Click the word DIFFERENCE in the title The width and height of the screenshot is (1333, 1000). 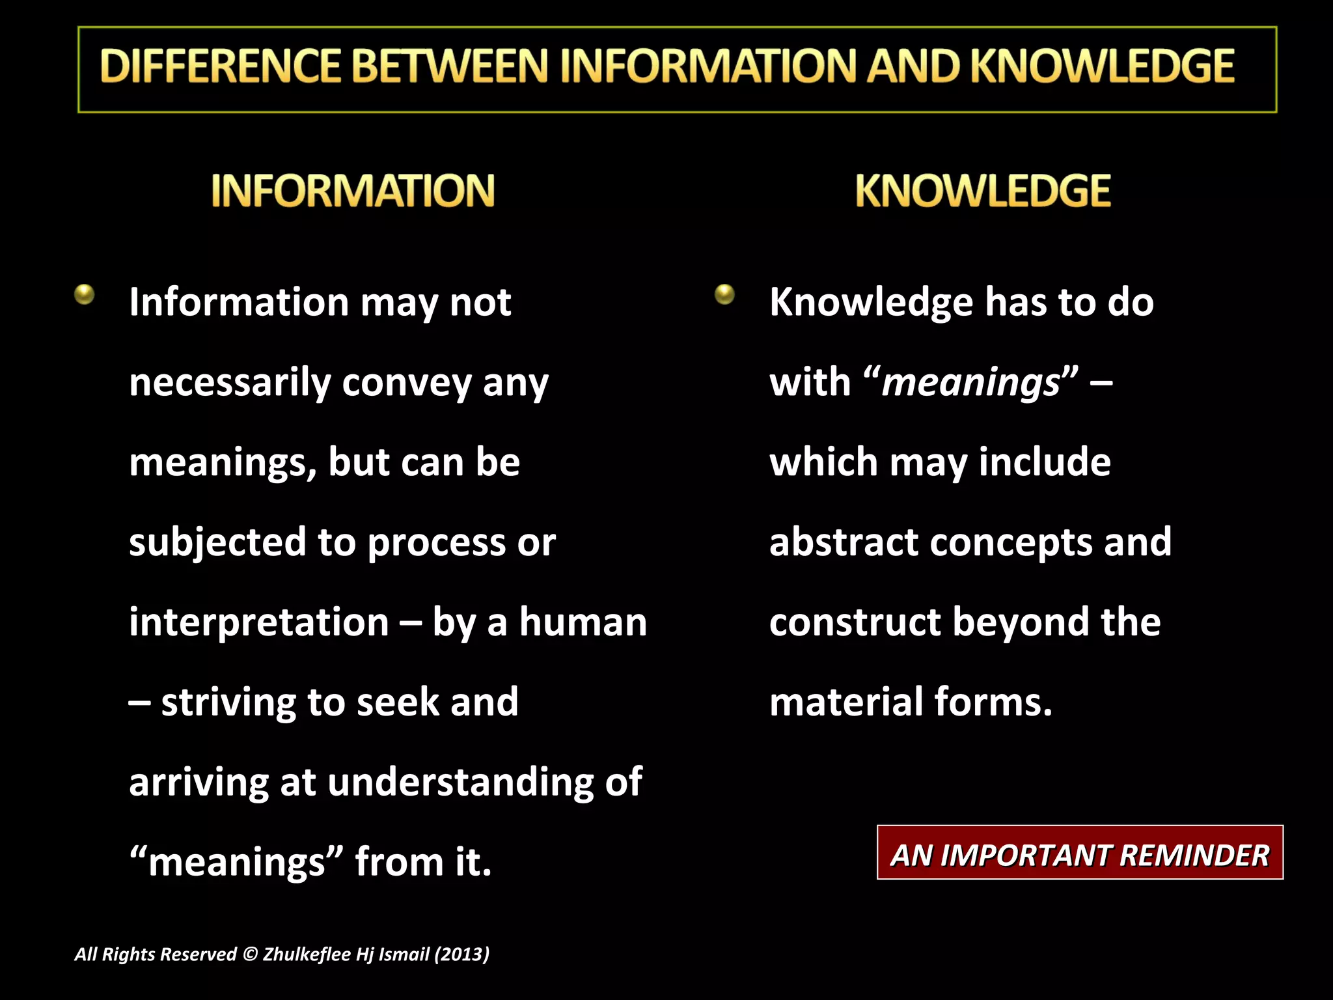221,67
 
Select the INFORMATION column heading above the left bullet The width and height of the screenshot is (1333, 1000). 353,191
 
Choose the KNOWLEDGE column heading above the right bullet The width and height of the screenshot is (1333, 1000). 983,191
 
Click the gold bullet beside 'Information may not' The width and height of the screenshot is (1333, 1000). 85,294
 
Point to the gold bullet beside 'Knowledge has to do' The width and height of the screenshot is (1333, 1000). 724,294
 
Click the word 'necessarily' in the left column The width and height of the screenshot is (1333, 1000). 230,383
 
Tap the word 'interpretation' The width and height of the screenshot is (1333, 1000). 259,622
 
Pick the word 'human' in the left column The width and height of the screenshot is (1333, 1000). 583,622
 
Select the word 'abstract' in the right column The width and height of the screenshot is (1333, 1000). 844,542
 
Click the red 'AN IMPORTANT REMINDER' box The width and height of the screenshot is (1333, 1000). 1080,853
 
